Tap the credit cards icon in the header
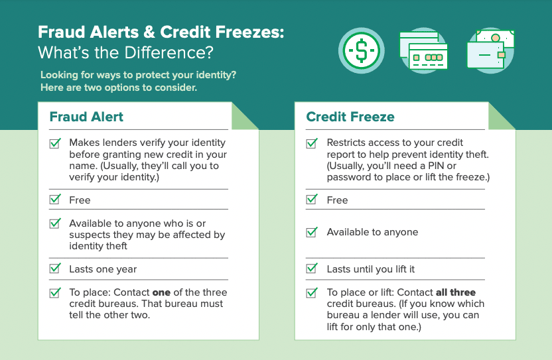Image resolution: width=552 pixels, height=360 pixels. tap(423, 50)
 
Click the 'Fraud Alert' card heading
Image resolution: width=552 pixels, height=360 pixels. tap(86, 117)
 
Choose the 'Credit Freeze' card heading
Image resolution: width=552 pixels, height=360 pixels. tap(350, 117)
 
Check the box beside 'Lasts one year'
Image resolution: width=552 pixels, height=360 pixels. tap(55, 269)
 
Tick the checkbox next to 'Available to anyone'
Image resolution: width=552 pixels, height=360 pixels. tap(311, 233)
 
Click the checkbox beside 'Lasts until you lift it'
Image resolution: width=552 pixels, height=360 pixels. tap(311, 269)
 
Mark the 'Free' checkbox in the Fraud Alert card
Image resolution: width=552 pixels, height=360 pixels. tap(55, 200)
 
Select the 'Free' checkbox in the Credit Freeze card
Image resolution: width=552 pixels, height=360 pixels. tap(311, 200)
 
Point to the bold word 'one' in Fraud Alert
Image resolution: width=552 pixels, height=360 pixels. tap(161, 292)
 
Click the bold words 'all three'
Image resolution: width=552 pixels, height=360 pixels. tap(456, 292)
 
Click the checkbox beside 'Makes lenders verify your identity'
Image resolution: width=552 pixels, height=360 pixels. tap(55, 143)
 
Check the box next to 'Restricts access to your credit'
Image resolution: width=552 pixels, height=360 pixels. tap(311, 143)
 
